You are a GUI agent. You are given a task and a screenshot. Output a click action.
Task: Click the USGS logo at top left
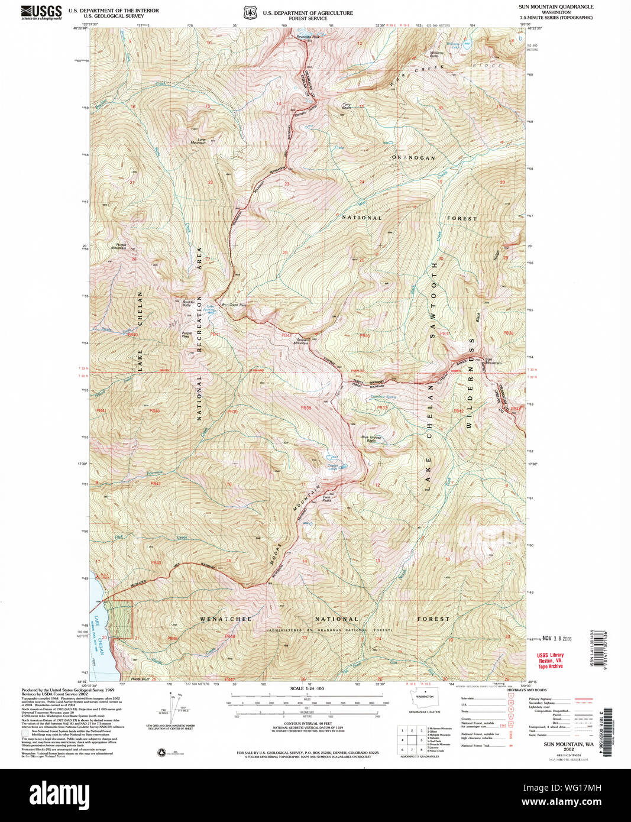(41, 12)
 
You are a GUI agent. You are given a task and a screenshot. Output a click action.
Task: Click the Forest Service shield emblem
(250, 12)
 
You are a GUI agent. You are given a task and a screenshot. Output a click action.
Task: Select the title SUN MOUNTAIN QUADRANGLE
(555, 7)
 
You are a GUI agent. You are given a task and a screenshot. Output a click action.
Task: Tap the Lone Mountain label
(198, 141)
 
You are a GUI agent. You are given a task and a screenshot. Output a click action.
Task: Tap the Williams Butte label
(436, 54)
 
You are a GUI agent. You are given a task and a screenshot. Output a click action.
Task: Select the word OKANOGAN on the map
(413, 158)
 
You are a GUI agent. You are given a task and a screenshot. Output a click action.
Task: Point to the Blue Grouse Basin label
(371, 439)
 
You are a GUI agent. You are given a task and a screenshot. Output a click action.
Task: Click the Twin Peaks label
(326, 499)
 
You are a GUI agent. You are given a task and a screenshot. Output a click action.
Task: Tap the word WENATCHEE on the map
(225, 619)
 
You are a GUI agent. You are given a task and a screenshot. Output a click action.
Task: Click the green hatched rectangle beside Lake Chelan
(122, 619)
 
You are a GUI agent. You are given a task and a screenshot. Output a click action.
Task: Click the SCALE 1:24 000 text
(307, 689)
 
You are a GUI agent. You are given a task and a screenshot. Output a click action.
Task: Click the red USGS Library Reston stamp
(550, 661)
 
